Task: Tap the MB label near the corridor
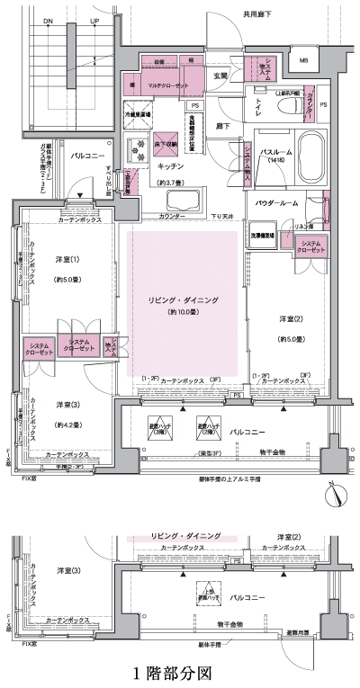[x=303, y=62]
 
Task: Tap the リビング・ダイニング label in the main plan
[x=184, y=299]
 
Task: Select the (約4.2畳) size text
[x=71, y=424]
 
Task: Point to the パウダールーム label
[x=276, y=204]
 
